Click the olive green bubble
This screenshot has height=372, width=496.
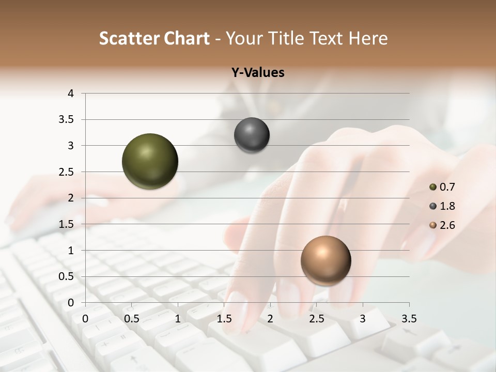(150, 161)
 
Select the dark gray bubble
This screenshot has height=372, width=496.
(252, 135)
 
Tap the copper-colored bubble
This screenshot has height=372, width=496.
(326, 260)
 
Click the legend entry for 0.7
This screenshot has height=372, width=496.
(442, 187)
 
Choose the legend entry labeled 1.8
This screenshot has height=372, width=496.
(442, 206)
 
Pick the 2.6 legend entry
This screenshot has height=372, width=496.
(442, 225)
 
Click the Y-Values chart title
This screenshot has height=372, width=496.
(257, 73)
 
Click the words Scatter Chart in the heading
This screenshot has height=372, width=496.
(154, 38)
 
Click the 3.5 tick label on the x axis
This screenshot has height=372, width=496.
(409, 318)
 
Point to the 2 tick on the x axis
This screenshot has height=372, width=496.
(270, 318)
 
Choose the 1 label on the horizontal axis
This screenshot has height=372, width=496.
(178, 318)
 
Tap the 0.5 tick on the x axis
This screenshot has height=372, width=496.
(132, 318)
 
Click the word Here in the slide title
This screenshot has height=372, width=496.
(367, 38)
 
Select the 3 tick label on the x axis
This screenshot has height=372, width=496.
(363, 318)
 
